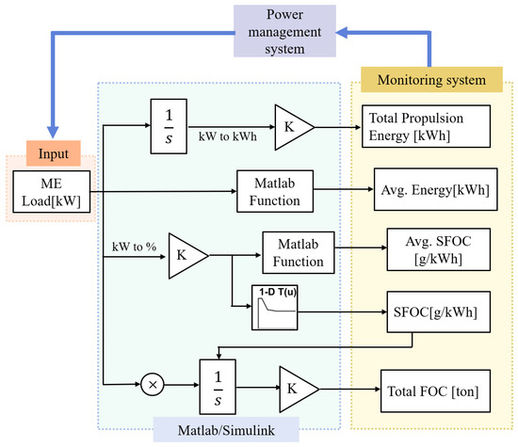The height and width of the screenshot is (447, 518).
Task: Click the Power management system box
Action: click(x=284, y=31)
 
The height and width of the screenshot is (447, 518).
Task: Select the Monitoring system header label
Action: click(x=431, y=80)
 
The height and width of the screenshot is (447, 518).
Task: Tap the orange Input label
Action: click(x=54, y=153)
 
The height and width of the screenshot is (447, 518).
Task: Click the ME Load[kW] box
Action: click(x=52, y=192)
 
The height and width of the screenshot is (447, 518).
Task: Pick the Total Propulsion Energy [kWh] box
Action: click(x=426, y=126)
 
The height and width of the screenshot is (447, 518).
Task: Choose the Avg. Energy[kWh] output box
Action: click(x=435, y=189)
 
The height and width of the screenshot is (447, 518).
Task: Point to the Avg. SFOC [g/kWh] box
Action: click(x=438, y=249)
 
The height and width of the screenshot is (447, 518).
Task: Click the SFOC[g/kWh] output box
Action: click(x=438, y=311)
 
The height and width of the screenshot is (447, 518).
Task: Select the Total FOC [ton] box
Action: click(x=435, y=391)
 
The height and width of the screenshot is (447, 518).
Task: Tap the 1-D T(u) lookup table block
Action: click(x=274, y=308)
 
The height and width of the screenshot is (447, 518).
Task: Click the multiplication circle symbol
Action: click(x=153, y=385)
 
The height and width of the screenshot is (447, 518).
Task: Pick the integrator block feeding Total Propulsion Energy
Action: click(x=169, y=126)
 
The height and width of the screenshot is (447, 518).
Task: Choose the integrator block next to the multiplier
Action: click(x=218, y=387)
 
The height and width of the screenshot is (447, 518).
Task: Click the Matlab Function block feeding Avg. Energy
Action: click(x=275, y=191)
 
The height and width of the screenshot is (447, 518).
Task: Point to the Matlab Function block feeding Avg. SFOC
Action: click(x=299, y=252)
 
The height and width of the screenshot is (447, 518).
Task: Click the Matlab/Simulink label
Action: click(x=226, y=430)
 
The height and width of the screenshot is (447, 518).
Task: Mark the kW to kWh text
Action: click(x=228, y=136)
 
